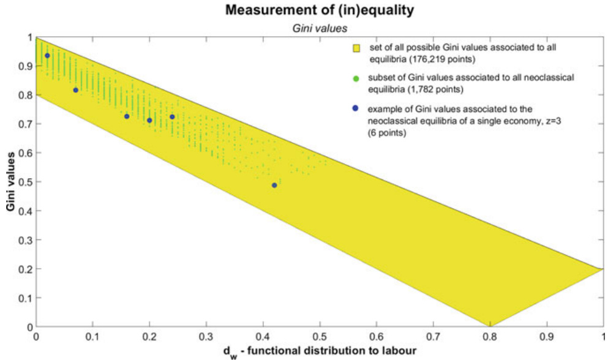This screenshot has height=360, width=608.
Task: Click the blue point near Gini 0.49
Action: coord(274,185)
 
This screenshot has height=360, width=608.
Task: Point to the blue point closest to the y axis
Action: coord(47,56)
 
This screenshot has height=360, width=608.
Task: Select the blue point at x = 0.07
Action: coord(76,90)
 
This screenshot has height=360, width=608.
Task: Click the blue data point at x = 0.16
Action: coord(127,116)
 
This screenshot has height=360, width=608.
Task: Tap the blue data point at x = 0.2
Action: coord(149,120)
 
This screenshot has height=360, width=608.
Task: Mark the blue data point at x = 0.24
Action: coord(172,117)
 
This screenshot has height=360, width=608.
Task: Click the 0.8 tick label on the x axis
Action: coord(489,337)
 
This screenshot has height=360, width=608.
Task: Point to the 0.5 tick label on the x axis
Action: coord(320,337)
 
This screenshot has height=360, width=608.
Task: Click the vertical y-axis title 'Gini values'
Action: coord(10,182)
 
